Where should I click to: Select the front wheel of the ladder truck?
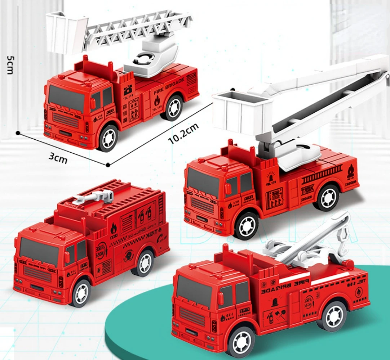click(108, 138)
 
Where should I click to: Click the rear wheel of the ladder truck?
click(173, 108)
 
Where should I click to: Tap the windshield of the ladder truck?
click(66, 98)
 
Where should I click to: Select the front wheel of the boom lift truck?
click(247, 226)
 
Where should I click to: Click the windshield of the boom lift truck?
click(203, 182)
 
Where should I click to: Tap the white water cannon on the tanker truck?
click(94, 196)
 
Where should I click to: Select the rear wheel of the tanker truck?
click(145, 263)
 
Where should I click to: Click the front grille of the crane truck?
click(192, 317)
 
